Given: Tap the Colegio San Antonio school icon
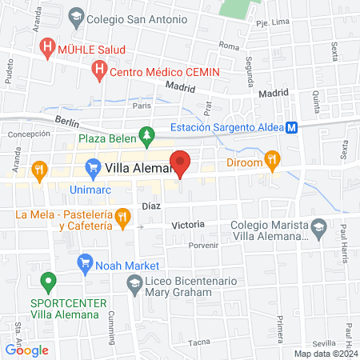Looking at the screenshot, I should click(x=75, y=17).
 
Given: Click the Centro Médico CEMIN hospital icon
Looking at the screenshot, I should click(x=99, y=72).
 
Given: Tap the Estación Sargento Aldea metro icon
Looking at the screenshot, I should click(x=293, y=127).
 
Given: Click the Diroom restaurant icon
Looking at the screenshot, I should click(x=272, y=159).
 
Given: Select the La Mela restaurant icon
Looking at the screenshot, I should click(x=122, y=216).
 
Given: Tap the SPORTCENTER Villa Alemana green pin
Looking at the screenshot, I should click(x=49, y=282).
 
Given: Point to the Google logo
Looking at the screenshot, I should click(x=26, y=350).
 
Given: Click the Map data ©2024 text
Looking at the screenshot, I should click(x=325, y=354).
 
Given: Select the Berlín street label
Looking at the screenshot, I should click(x=68, y=121).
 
